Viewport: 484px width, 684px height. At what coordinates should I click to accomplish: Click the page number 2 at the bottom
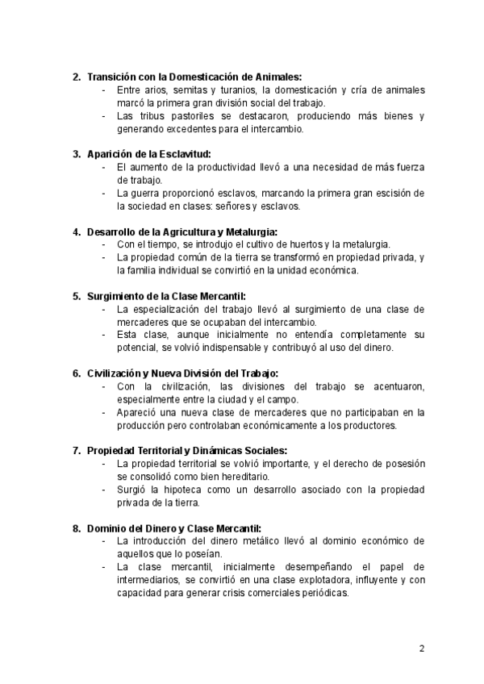[x=422, y=648]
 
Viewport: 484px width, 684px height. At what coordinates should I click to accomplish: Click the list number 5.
[x=76, y=296]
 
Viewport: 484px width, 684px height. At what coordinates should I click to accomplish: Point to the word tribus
[x=155, y=115]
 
